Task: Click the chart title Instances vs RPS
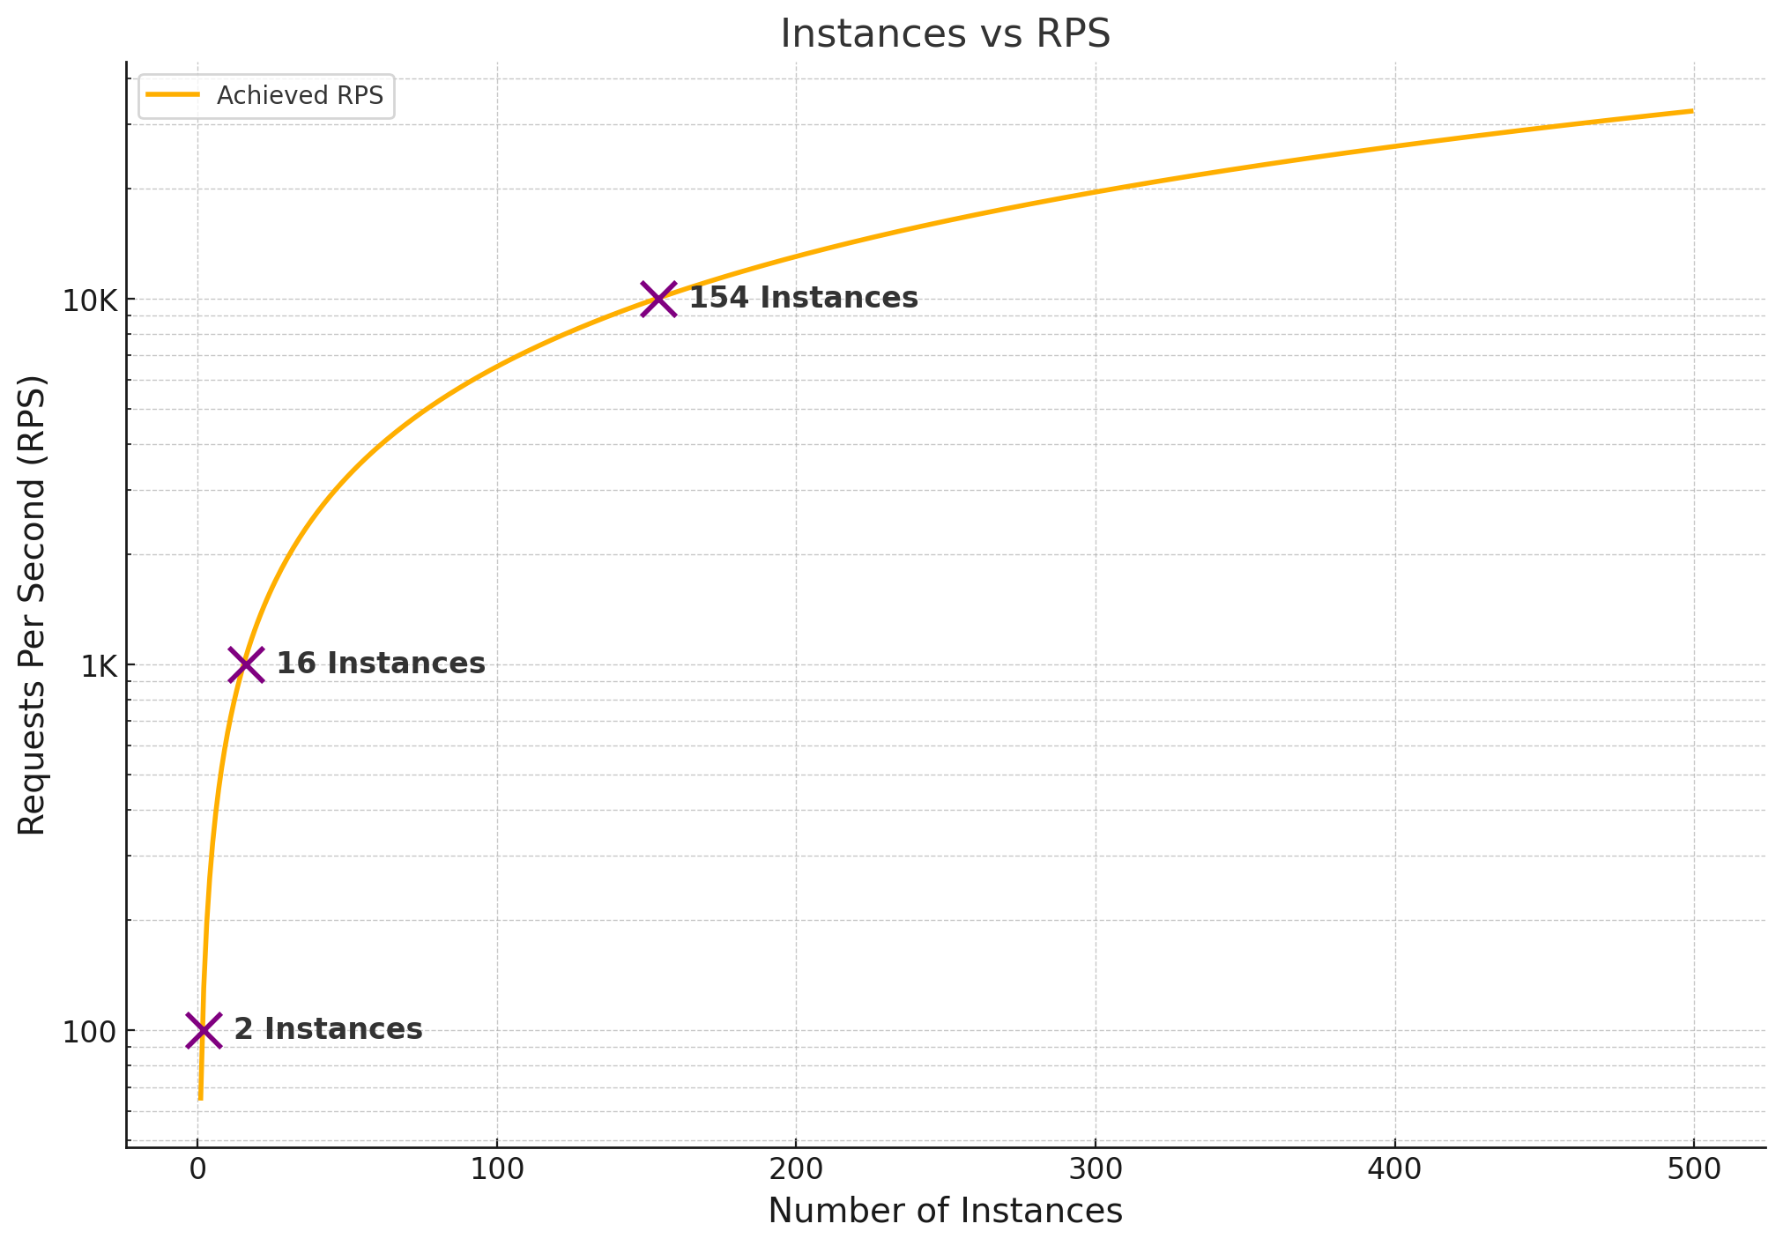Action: (x=945, y=33)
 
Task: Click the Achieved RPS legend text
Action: (x=300, y=96)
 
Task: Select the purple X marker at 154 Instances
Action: (x=658, y=300)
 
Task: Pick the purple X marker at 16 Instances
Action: (x=246, y=664)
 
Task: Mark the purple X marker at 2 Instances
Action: (x=204, y=1030)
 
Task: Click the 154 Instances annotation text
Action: (x=803, y=298)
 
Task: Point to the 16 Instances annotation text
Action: (x=381, y=664)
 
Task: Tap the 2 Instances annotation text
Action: (x=328, y=1029)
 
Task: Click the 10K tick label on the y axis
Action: (x=89, y=300)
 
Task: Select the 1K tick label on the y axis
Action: (x=99, y=666)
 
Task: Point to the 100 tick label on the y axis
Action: (x=89, y=1032)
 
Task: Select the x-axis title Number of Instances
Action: (x=945, y=1212)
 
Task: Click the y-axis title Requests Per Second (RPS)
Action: (x=32, y=605)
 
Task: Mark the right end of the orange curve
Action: (x=1692, y=111)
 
